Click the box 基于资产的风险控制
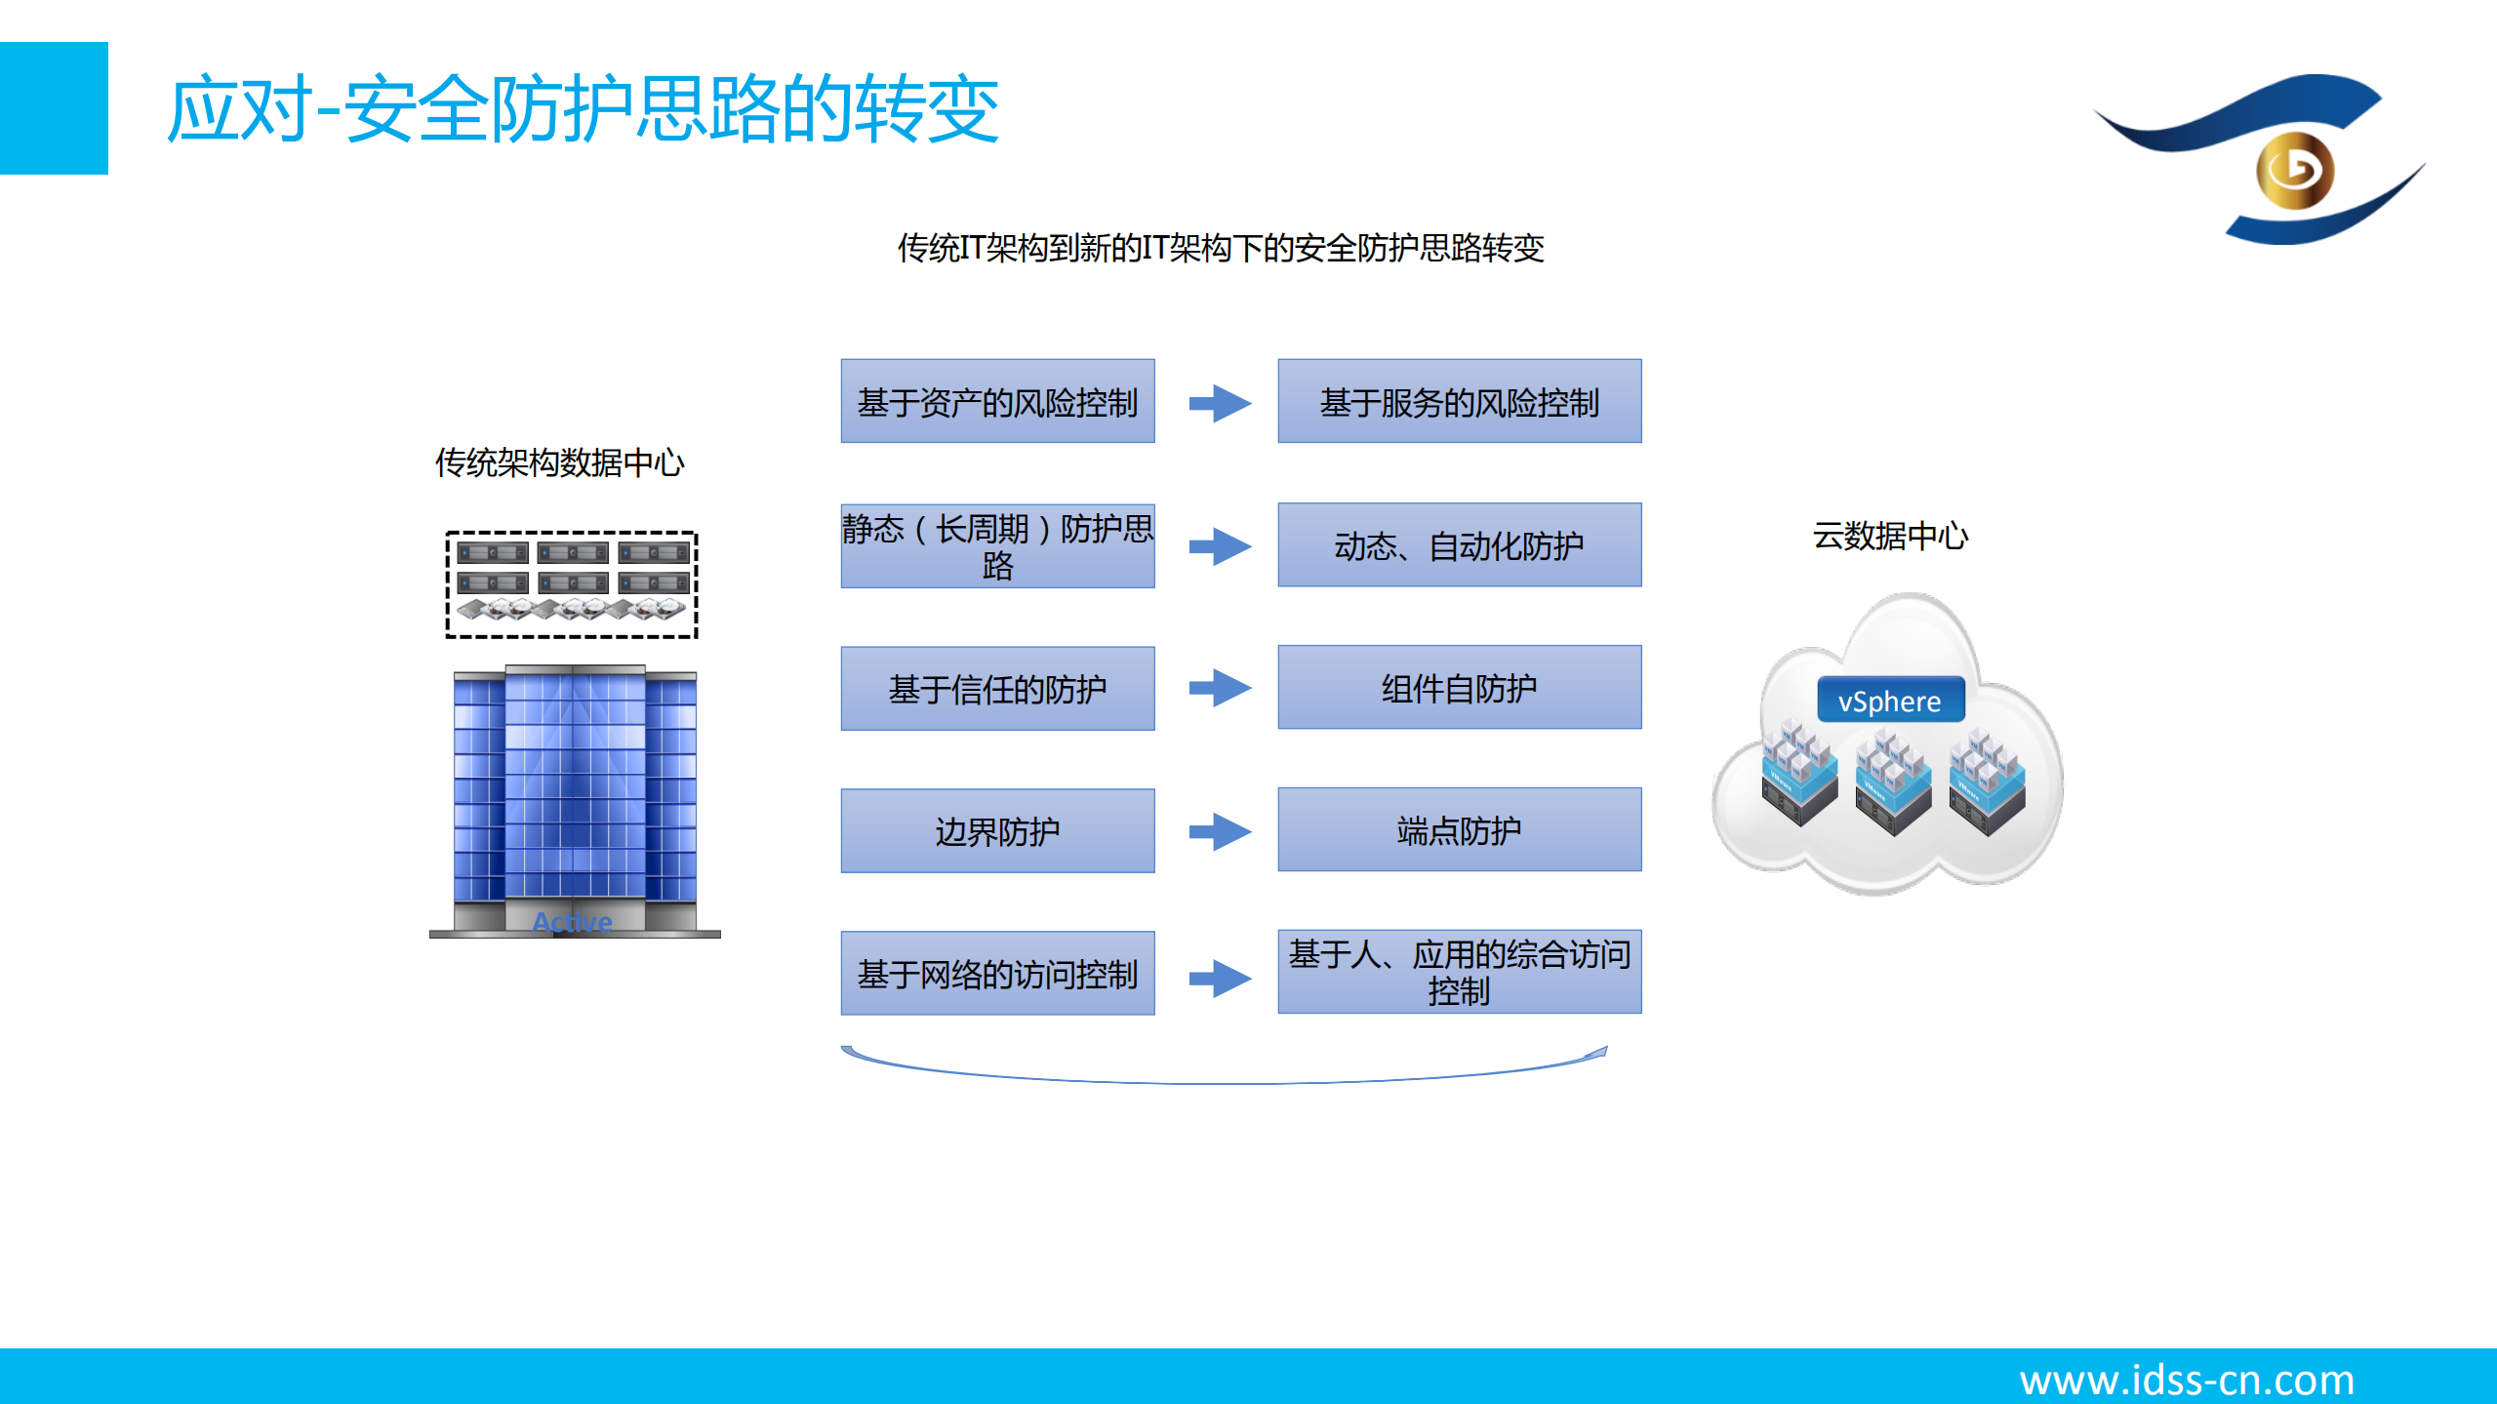[x=997, y=401]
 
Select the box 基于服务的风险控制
[x=1459, y=401]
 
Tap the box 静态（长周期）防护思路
[x=997, y=545]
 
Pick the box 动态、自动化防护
[x=1459, y=544]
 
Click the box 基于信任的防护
[x=997, y=688]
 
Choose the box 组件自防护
[x=1459, y=687]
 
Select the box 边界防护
[x=997, y=830]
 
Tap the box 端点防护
[x=1459, y=829]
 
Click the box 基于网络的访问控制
[x=997, y=973]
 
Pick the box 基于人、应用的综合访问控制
[x=1459, y=972]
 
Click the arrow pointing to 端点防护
[x=1220, y=831]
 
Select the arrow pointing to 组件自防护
[x=1220, y=688]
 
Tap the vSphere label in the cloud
[x=1889, y=701]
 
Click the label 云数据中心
[x=1890, y=536]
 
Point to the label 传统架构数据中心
[x=559, y=462]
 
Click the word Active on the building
[x=572, y=921]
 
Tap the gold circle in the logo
[x=2294, y=171]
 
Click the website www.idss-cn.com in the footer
[x=2186, y=1380]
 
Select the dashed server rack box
[x=571, y=584]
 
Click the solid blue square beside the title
[x=54, y=108]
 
